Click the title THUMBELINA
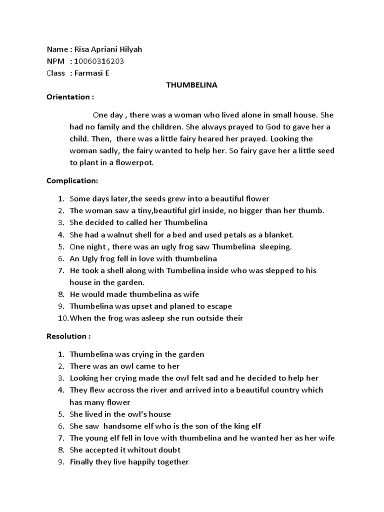click(x=191, y=85)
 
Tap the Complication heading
click(x=72, y=180)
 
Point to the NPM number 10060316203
click(x=99, y=61)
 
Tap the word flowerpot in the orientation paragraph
click(x=134, y=162)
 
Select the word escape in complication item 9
click(x=219, y=306)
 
